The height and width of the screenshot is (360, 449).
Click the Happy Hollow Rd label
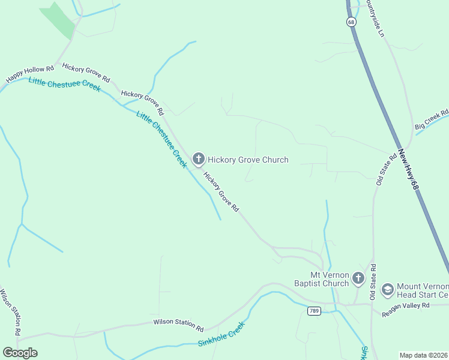(29, 71)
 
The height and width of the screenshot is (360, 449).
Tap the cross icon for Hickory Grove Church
(199, 159)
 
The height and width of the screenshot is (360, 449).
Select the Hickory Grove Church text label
(248, 160)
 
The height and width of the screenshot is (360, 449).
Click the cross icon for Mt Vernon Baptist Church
(358, 278)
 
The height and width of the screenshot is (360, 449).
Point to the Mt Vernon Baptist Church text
(321, 278)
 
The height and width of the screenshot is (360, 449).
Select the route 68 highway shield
(351, 22)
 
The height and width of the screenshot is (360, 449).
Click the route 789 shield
(313, 310)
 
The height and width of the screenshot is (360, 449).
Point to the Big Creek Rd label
(432, 119)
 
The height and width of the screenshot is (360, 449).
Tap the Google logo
(20, 352)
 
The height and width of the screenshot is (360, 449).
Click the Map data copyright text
(423, 355)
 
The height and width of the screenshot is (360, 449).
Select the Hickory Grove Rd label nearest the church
(221, 192)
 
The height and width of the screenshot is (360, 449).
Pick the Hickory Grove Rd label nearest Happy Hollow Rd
(86, 72)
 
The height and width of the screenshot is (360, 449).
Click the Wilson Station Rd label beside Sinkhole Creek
(178, 325)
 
